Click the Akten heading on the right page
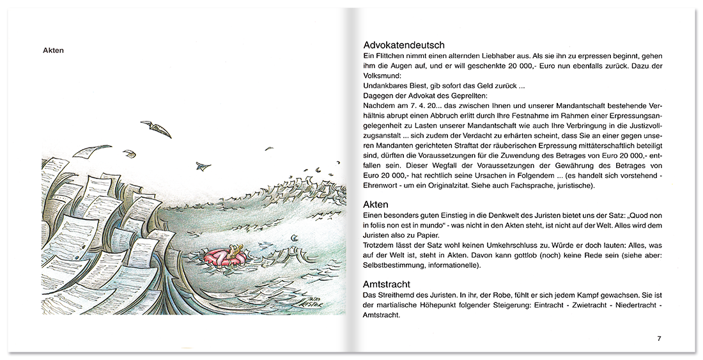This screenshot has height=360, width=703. click(x=376, y=204)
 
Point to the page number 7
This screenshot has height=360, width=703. click(x=659, y=338)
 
